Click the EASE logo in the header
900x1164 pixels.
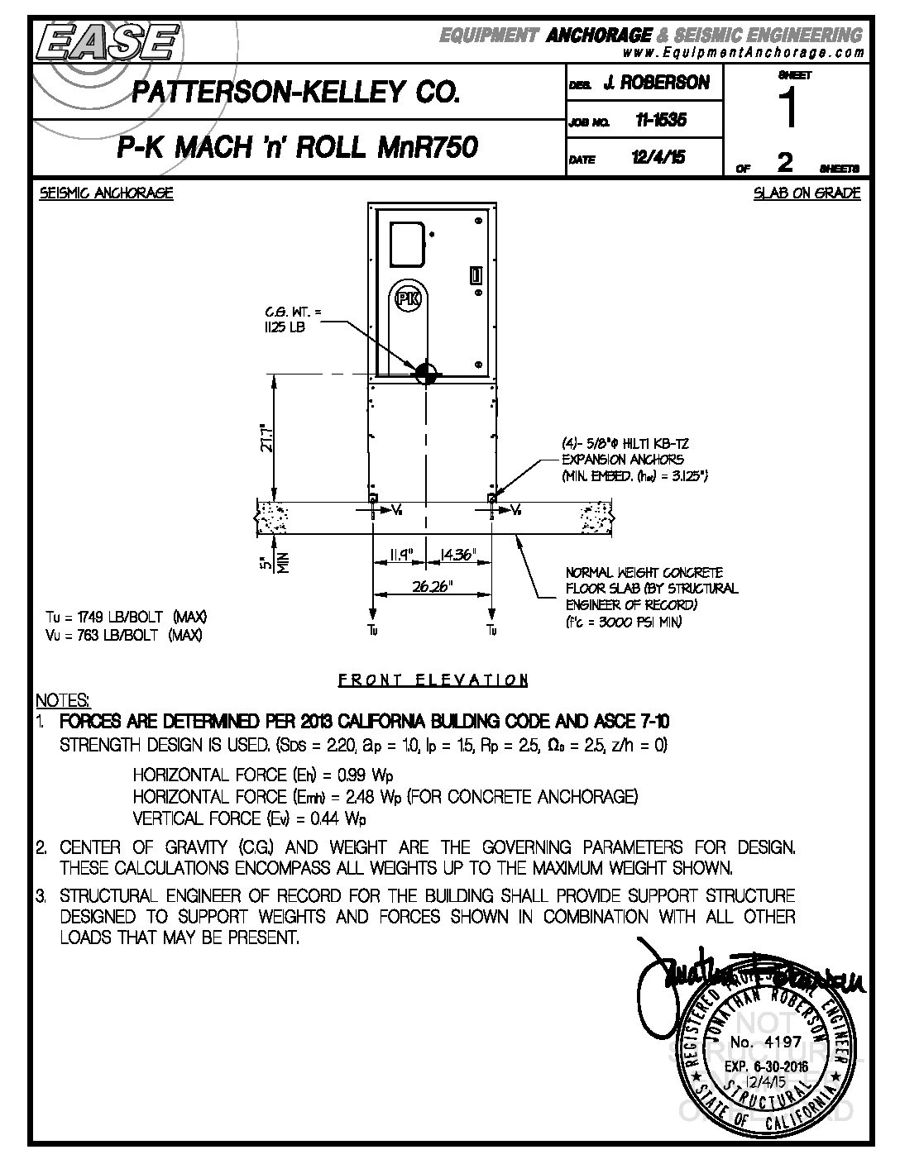(x=106, y=41)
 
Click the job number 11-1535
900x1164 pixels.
(x=660, y=121)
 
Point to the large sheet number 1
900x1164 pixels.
(x=790, y=108)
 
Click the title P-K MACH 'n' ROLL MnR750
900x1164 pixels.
(x=297, y=148)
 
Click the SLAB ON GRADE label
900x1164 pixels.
(x=807, y=193)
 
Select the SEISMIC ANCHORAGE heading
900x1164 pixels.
(x=107, y=193)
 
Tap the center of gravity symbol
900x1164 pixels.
(x=425, y=373)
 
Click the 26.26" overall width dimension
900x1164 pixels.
(x=433, y=585)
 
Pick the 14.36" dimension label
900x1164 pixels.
(x=456, y=556)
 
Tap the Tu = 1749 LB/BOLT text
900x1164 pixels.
(x=126, y=618)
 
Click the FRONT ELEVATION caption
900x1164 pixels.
(x=433, y=680)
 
